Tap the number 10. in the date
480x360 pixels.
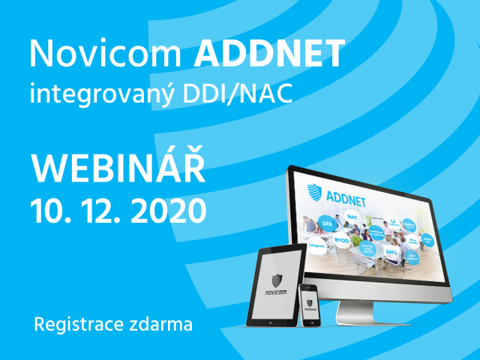pyautogui.click(x=49, y=209)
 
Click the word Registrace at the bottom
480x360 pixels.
pyautogui.click(x=74, y=325)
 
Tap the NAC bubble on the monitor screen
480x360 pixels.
pyautogui.click(x=351, y=216)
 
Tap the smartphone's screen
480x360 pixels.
pyautogui.click(x=307, y=306)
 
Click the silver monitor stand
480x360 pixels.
pyautogui.click(x=360, y=304)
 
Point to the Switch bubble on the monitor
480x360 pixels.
pyautogui.click(x=409, y=224)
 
